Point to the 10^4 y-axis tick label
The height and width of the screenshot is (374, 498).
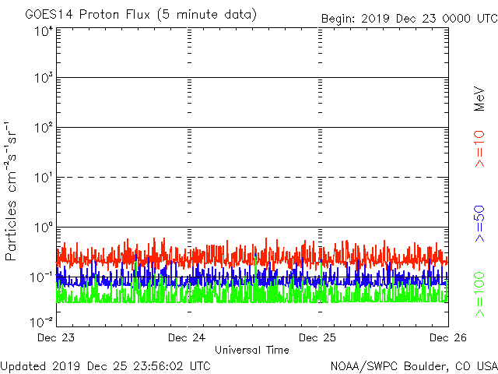[x=43, y=31]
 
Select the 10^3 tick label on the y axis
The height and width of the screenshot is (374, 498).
[x=43, y=78]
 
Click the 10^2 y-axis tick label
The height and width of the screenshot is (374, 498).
[x=43, y=127]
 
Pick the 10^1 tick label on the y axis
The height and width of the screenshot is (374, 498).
[x=43, y=177]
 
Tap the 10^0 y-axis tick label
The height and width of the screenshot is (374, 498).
[x=43, y=227]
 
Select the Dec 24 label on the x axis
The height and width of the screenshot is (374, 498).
[x=188, y=338]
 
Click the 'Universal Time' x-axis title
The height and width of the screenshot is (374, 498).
[x=252, y=350]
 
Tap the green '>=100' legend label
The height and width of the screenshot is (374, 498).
[x=479, y=295]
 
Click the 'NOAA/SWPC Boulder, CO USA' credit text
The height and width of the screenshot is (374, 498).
[x=413, y=365]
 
